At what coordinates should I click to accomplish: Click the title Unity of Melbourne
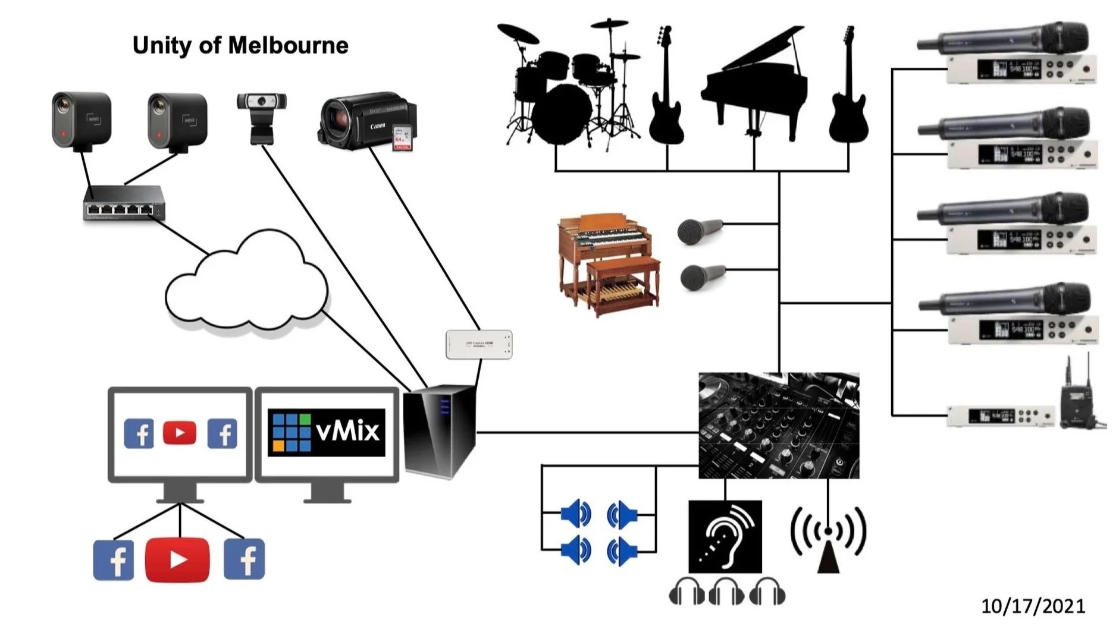pyautogui.click(x=240, y=46)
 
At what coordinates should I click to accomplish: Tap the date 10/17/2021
pyautogui.click(x=1033, y=606)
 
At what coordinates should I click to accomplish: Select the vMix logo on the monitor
pyautogui.click(x=326, y=432)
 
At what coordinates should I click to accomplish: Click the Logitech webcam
pyautogui.click(x=261, y=116)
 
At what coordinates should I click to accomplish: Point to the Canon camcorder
pyautogui.click(x=363, y=119)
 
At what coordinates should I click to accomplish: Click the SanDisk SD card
pyautogui.click(x=402, y=138)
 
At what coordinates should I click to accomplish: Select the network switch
pyautogui.click(x=124, y=203)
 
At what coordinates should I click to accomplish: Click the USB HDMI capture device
pyautogui.click(x=479, y=344)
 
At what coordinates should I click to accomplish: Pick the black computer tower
pyautogui.click(x=440, y=431)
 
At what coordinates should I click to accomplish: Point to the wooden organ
pyautogui.click(x=609, y=263)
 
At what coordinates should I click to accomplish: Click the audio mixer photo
pyautogui.click(x=778, y=425)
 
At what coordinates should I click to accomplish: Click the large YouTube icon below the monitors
pyautogui.click(x=177, y=559)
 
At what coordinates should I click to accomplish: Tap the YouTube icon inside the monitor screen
pyautogui.click(x=179, y=433)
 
